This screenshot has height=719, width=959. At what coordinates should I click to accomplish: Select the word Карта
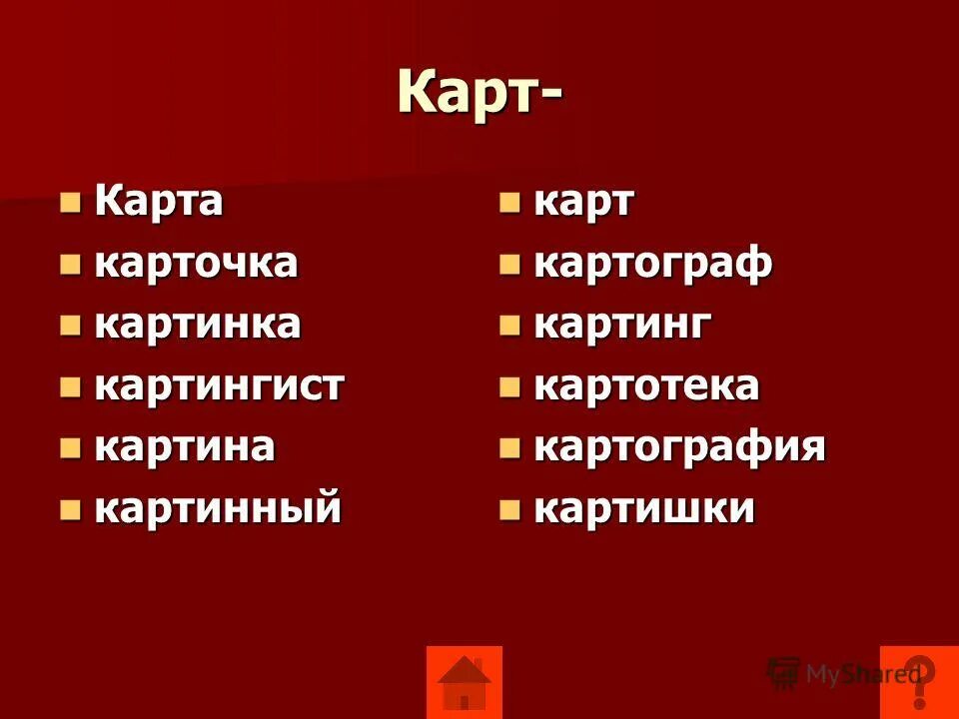click(x=160, y=202)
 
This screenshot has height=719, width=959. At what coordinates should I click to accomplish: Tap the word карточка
click(x=197, y=264)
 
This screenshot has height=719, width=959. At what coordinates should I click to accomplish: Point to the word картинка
click(x=198, y=325)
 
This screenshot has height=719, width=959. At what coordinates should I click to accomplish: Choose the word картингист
click(x=220, y=386)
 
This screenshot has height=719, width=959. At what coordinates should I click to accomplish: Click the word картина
click(x=185, y=446)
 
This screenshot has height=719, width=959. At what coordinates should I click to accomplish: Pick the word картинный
click(x=218, y=508)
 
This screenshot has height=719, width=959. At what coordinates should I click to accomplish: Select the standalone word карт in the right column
click(x=584, y=202)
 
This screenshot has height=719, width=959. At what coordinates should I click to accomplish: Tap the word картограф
click(x=653, y=264)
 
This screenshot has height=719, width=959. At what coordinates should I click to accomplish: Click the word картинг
click(x=624, y=325)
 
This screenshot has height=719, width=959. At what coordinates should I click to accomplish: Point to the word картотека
click(x=647, y=386)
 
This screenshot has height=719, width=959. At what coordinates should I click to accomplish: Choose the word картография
click(x=680, y=446)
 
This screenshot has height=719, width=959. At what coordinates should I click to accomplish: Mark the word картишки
click(x=644, y=508)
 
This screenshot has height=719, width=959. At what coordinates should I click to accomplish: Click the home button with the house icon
click(x=465, y=682)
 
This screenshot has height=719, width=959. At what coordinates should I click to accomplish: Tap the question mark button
click(x=918, y=682)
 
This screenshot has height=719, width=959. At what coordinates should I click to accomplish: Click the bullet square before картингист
click(x=70, y=388)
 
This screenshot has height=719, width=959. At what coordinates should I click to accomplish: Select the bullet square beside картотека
click(x=510, y=388)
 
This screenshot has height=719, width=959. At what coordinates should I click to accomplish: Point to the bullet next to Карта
click(x=70, y=204)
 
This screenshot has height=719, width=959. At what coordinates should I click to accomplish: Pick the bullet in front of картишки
click(x=510, y=510)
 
